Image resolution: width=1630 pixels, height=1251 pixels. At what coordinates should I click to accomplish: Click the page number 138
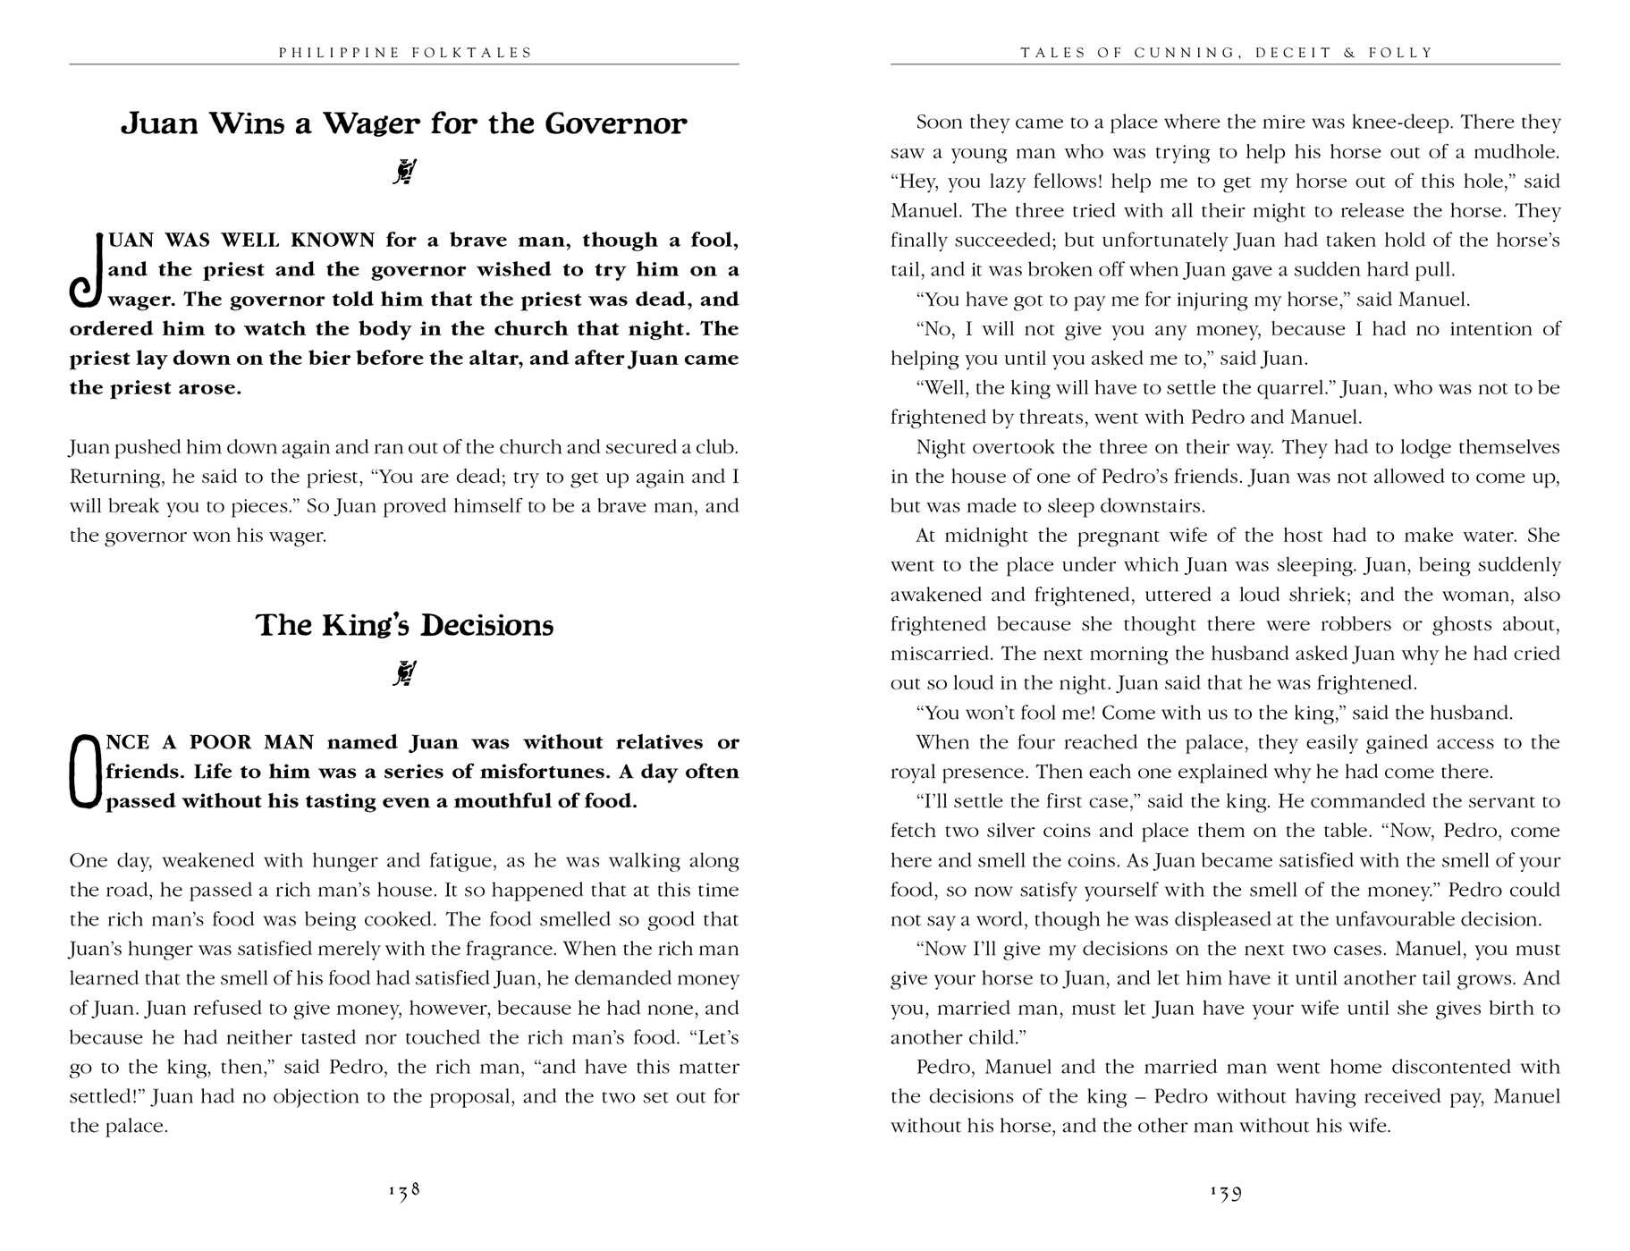[404, 1191]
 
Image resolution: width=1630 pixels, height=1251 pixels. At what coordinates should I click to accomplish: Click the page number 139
[1226, 1191]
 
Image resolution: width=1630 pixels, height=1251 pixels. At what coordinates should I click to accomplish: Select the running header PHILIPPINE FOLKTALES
[405, 53]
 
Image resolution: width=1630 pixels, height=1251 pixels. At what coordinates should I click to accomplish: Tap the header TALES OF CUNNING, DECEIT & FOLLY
[1226, 53]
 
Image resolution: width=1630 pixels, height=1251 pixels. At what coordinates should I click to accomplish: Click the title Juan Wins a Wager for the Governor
[404, 123]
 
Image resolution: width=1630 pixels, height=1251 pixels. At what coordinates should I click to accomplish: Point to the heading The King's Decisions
[404, 625]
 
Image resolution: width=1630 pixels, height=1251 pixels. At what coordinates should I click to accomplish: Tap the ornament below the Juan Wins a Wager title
[405, 172]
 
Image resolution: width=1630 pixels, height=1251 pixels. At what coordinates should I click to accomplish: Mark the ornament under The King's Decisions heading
[405, 673]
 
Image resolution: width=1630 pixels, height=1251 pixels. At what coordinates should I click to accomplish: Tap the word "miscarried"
[937, 654]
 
